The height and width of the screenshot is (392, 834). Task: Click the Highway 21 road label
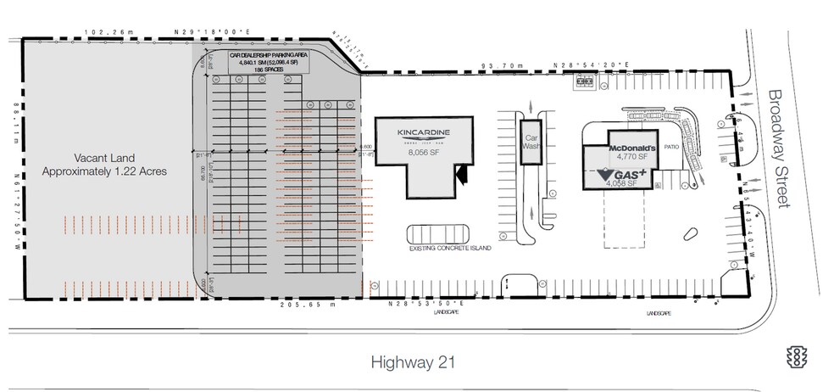click(x=414, y=361)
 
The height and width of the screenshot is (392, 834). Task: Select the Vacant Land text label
click(x=105, y=164)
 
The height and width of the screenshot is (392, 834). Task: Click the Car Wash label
click(x=531, y=141)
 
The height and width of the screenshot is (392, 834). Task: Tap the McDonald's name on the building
click(x=634, y=144)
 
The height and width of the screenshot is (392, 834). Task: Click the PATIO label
click(x=673, y=146)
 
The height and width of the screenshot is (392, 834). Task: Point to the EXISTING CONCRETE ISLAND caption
click(x=451, y=248)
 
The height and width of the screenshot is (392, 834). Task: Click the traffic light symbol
click(x=796, y=357)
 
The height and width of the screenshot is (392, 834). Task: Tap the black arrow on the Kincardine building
click(x=462, y=174)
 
